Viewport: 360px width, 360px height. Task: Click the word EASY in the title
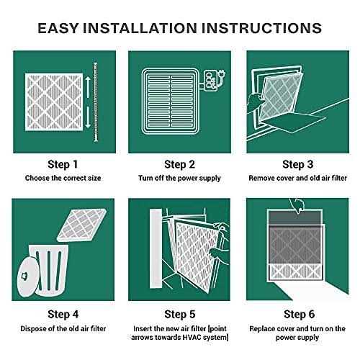pos(58,28)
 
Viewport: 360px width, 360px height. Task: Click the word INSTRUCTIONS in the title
pos(261,28)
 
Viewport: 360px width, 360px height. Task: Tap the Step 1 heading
pos(63,164)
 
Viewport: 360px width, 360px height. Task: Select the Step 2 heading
pos(179,164)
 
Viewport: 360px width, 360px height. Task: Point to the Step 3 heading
pos(298,164)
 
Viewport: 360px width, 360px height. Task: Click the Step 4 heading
pos(63,314)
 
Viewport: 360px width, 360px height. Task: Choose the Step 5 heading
pos(180,314)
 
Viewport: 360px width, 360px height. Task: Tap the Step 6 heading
pos(299,314)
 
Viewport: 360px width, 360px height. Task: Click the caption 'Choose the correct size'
pos(63,178)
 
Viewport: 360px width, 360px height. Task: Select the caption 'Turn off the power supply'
pos(179,179)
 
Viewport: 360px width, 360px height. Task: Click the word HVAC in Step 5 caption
pos(192,337)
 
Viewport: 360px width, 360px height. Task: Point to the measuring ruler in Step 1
pos(96,102)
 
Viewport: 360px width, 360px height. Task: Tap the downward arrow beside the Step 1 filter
pos(88,117)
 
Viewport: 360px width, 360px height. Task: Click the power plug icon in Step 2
pos(222,73)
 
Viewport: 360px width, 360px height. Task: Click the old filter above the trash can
pos(81,225)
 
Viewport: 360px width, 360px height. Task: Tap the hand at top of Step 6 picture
pos(297,205)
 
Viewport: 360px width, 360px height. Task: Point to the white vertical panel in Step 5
pos(156,248)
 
